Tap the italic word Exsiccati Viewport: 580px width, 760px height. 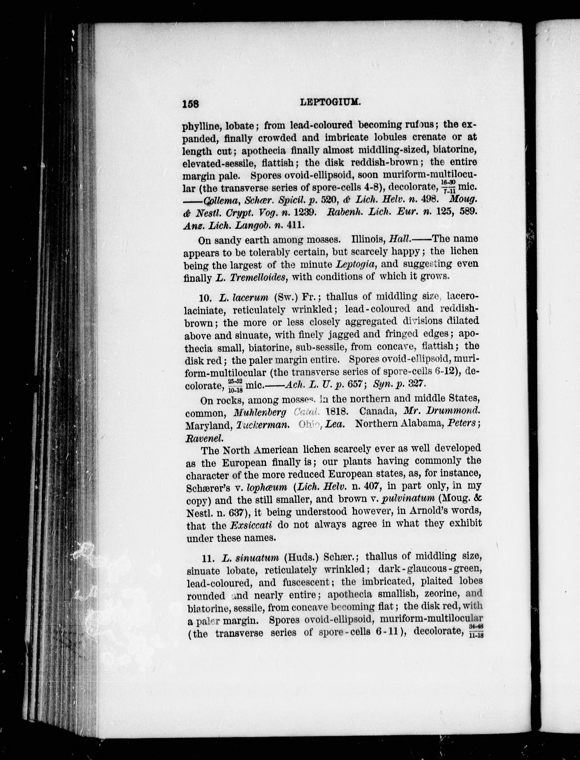coord(251,525)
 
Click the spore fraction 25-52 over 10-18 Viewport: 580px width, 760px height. coord(235,385)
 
